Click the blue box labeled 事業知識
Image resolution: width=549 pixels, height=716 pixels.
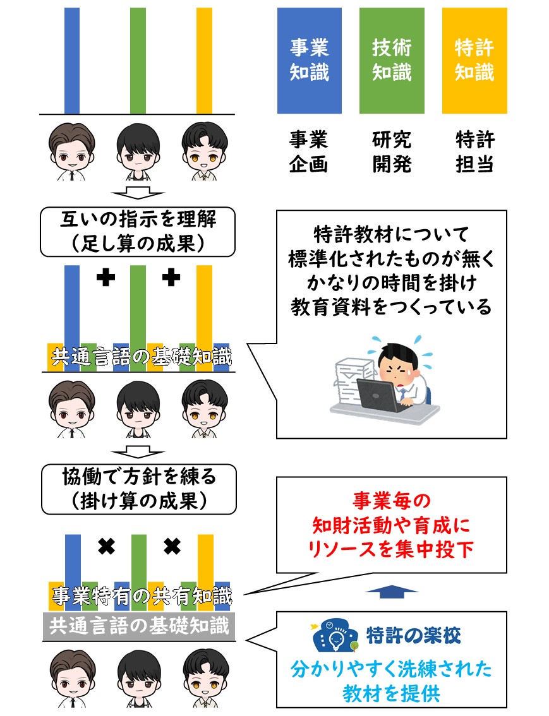tap(309, 60)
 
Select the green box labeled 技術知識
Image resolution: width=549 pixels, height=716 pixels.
tap(392, 60)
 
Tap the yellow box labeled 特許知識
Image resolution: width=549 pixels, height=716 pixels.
tap(474, 60)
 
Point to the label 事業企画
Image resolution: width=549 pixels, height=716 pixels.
tap(309, 152)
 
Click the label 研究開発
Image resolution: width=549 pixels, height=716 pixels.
tap(392, 152)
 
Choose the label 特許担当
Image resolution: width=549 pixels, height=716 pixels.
tap(475, 152)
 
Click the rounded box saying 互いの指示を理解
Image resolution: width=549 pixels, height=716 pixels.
tap(138, 232)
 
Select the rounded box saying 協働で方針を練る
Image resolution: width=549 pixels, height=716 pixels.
tap(139, 489)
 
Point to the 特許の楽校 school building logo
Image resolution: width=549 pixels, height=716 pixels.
tap(335, 635)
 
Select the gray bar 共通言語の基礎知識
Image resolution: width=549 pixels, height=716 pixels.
tap(139, 626)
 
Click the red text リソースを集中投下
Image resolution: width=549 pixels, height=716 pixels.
tap(391, 549)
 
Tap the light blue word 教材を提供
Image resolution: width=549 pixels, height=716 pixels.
tap(392, 693)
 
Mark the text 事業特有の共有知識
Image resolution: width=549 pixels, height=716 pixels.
tap(142, 596)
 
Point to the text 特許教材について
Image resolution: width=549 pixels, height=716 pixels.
tap(392, 234)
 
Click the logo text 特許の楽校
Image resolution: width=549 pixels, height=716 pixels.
tap(413, 635)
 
